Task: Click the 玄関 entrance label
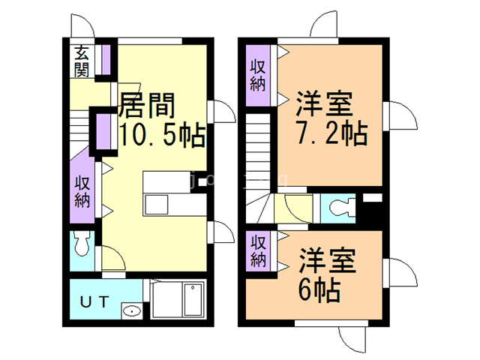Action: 82,61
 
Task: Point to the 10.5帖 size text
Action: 162,135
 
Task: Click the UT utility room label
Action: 96,301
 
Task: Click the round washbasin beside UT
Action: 132,311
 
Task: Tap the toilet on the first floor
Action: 82,243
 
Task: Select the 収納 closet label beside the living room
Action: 82,191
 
